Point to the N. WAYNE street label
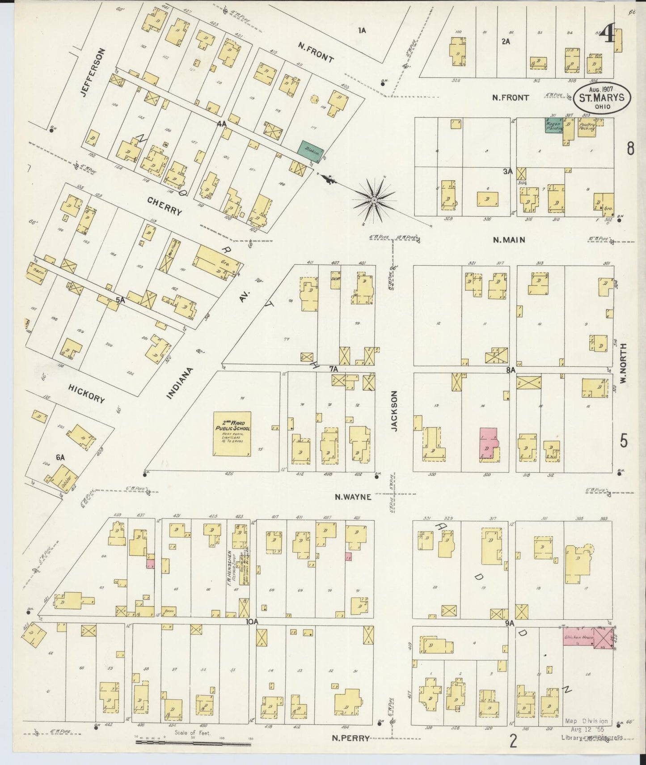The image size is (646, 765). [x=354, y=496]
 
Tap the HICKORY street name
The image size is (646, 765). [x=86, y=394]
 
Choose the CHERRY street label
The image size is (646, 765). [x=165, y=206]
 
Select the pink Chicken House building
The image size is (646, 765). [x=578, y=637]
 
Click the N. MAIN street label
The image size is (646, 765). [x=509, y=240]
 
